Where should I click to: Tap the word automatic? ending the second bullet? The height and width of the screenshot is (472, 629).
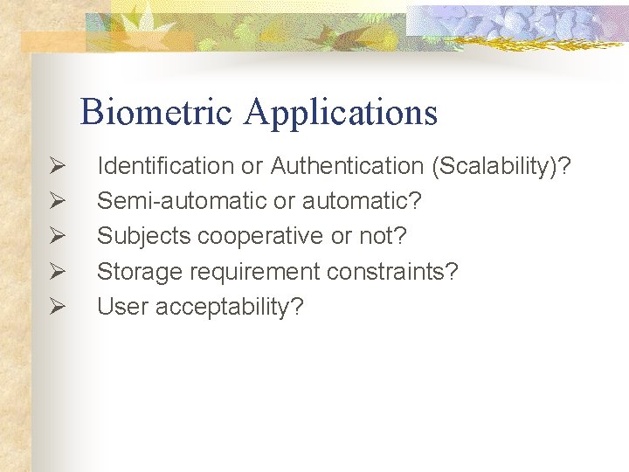[x=362, y=201]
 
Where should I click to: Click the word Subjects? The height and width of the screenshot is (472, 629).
[x=144, y=236]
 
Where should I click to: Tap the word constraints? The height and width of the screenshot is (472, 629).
[x=392, y=272]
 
